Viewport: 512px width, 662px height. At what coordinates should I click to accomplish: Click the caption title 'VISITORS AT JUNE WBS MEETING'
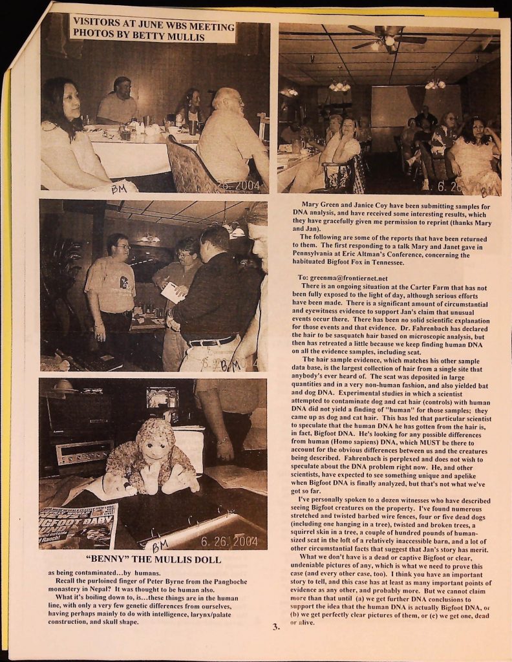[153, 25]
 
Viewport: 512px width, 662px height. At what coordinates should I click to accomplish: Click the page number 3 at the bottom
[275, 626]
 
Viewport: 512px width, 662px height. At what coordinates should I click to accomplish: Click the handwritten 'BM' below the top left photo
[118, 189]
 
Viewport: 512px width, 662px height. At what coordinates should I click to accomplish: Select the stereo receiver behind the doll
[84, 453]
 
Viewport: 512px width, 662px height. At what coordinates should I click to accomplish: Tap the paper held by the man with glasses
[173, 292]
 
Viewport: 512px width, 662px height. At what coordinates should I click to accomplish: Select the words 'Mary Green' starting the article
[319, 206]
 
